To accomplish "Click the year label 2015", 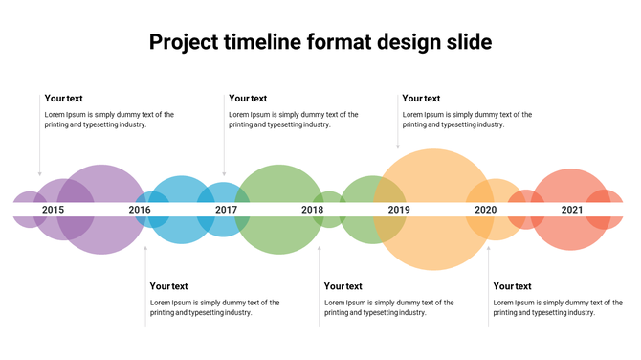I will (54, 210).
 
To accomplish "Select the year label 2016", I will (140, 210).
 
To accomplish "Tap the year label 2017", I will (227, 210).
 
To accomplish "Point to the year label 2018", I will (313, 210).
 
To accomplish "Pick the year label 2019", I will (399, 210).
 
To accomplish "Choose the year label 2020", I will (486, 210).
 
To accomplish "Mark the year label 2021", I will (572, 210).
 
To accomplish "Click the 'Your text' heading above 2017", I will (248, 98).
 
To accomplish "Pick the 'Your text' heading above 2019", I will (421, 98).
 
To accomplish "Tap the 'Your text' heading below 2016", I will (168, 285).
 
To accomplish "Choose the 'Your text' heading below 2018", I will (343, 285).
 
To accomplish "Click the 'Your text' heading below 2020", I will (512, 285).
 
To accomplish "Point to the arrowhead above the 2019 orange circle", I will (398, 146).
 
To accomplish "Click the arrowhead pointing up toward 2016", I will (145, 248).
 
